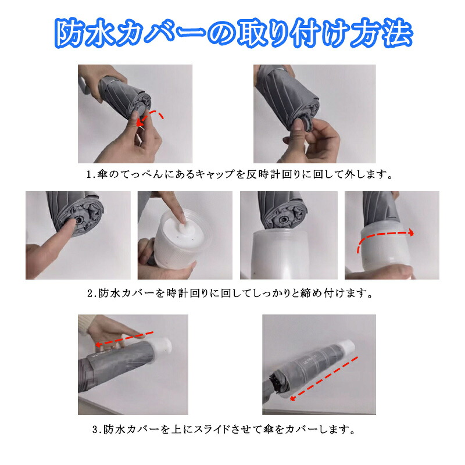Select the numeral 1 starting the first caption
(89, 174)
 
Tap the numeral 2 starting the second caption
(90, 294)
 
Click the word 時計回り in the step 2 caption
(187, 294)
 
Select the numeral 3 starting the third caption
(95, 430)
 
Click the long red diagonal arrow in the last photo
(324, 378)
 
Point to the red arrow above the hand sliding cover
(124, 339)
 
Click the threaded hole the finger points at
(80, 220)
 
